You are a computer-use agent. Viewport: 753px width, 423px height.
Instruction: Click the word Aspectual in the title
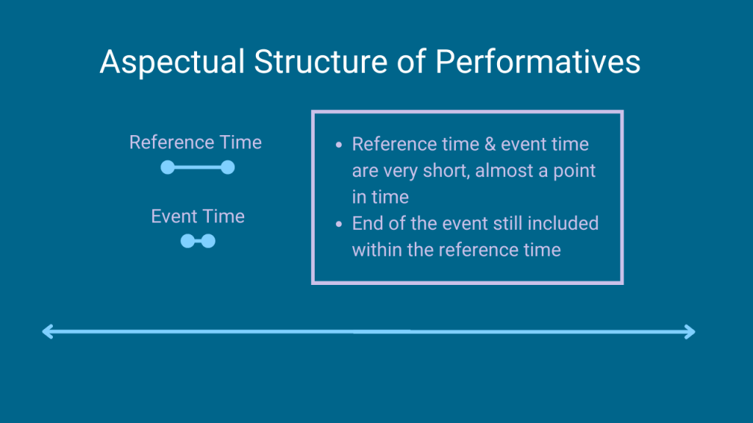[x=172, y=63]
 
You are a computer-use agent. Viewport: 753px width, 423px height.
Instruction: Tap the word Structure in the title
[x=321, y=62]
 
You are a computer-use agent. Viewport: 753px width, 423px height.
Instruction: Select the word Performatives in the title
[x=538, y=62]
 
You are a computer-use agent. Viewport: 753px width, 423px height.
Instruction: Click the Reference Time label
[x=196, y=142]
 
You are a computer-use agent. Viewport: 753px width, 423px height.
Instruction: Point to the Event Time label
[x=198, y=217]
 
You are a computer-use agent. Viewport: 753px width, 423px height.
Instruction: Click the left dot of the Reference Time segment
[x=168, y=167]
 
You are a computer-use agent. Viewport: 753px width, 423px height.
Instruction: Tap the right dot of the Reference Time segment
[x=228, y=167]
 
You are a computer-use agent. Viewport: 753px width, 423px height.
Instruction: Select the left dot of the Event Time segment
[x=188, y=241]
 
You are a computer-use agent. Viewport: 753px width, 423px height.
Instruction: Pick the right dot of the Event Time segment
[x=208, y=241]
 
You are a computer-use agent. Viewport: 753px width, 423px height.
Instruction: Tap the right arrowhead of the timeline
[x=690, y=332]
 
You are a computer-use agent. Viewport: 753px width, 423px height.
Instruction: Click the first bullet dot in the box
[x=339, y=145]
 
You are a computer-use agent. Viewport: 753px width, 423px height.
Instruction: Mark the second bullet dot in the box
[x=339, y=223]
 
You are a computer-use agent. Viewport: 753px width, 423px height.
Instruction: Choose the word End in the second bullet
[x=368, y=223]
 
